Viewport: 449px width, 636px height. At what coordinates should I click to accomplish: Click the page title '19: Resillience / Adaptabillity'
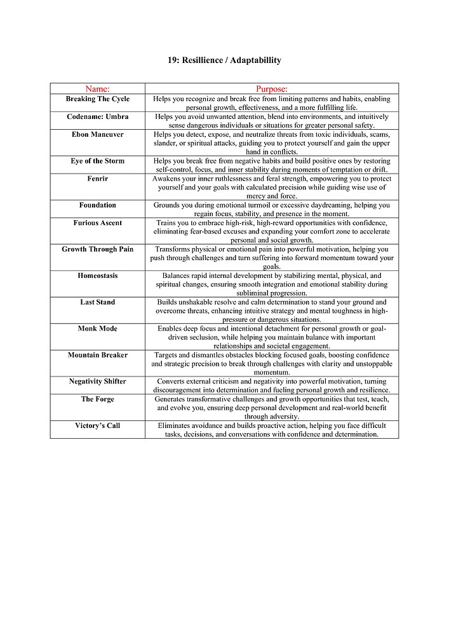point(224,60)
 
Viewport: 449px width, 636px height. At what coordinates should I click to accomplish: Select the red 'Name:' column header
point(97,89)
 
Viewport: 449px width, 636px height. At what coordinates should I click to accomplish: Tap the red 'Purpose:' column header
point(271,89)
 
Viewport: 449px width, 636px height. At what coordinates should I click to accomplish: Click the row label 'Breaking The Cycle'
point(97,99)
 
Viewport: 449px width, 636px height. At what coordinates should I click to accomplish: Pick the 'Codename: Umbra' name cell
point(97,117)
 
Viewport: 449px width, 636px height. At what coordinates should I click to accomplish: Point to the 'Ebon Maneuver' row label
point(97,135)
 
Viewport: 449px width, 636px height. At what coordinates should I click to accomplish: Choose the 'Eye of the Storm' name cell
point(97,161)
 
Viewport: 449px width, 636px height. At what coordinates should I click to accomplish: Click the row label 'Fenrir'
point(97,179)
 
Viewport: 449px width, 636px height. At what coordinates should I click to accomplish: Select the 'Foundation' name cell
point(97,205)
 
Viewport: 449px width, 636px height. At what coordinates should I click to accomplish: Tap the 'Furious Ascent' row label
point(97,223)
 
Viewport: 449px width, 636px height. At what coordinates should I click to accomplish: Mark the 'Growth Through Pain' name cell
point(97,249)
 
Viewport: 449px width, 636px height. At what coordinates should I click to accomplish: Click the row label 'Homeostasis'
point(97,276)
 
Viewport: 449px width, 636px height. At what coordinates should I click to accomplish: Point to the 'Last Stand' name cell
point(97,302)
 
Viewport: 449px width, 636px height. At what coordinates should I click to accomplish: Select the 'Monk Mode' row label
point(97,329)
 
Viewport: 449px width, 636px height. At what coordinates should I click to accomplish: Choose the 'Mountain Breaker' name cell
point(97,355)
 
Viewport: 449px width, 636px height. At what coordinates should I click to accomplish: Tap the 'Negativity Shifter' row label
point(97,382)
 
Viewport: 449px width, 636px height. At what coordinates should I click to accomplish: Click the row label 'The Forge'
point(97,399)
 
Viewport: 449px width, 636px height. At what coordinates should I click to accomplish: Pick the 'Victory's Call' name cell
point(97,425)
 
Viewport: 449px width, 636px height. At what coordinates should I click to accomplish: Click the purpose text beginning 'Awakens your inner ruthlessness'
point(271,188)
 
